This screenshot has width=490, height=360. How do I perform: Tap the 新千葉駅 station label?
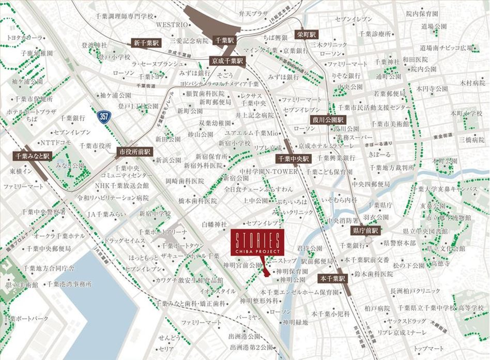(146, 43)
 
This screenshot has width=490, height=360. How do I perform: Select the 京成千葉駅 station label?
(226, 61)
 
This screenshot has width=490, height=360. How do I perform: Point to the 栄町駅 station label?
(305, 35)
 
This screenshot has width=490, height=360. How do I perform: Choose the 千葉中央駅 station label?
(293, 159)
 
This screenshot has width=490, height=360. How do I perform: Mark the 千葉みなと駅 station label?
(32, 155)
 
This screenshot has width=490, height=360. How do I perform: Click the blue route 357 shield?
(104, 114)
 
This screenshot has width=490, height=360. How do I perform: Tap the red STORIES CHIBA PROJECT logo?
(256, 243)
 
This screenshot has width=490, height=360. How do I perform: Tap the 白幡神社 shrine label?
(214, 224)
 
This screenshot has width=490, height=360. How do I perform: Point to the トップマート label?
(428, 348)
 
